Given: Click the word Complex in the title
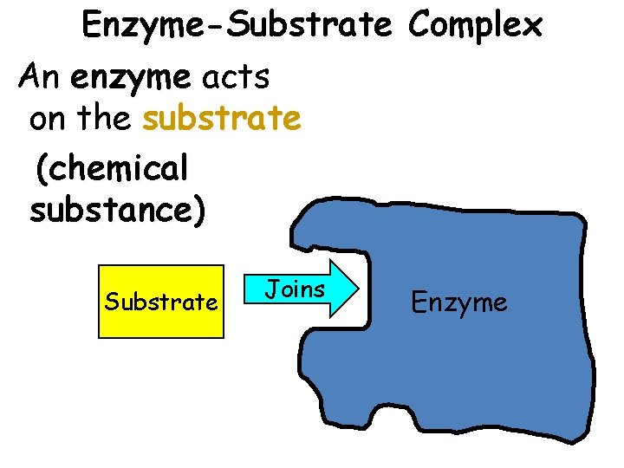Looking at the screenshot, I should [x=476, y=26].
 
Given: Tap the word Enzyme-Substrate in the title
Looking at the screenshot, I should [x=237, y=26].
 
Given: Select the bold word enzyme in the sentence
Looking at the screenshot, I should [x=131, y=79].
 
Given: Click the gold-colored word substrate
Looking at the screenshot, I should [x=222, y=119].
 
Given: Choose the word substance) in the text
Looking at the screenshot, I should [x=117, y=211].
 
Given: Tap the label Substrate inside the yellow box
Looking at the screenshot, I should [x=161, y=302].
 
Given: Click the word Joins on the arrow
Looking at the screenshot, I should [x=295, y=289].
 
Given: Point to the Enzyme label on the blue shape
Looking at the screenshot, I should [x=459, y=302].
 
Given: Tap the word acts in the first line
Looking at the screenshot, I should [x=236, y=79].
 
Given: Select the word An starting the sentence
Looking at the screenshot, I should [x=40, y=79].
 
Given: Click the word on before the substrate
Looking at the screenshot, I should [x=49, y=119].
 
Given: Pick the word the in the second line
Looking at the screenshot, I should [x=103, y=119].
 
